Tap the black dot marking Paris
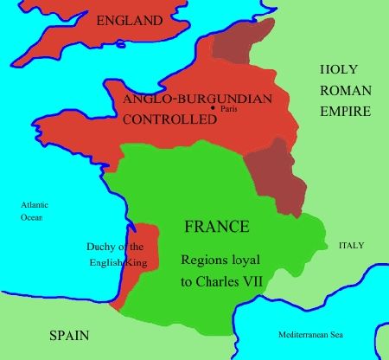tap(212, 106)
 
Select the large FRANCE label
tap(218, 227)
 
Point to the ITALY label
tap(351, 246)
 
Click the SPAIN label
tap(70, 332)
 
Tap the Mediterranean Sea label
tap(309, 334)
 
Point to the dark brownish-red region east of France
tap(277, 177)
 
